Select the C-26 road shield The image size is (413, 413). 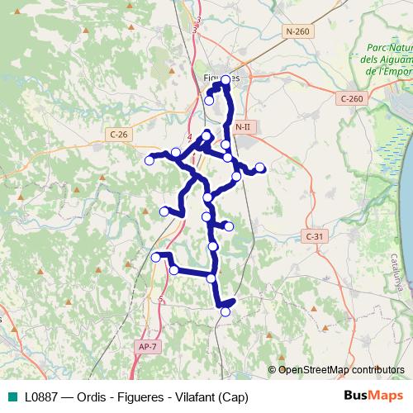[x=119, y=133]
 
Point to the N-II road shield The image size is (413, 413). [x=242, y=127]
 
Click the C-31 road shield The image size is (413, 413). [x=315, y=236]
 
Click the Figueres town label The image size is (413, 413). [x=221, y=77]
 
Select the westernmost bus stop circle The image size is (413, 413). [x=150, y=160]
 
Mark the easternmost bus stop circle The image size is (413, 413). [x=260, y=168]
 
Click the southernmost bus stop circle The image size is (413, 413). [x=225, y=311]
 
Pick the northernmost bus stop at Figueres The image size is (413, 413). [x=225, y=79]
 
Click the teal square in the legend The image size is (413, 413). [x=13, y=395]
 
